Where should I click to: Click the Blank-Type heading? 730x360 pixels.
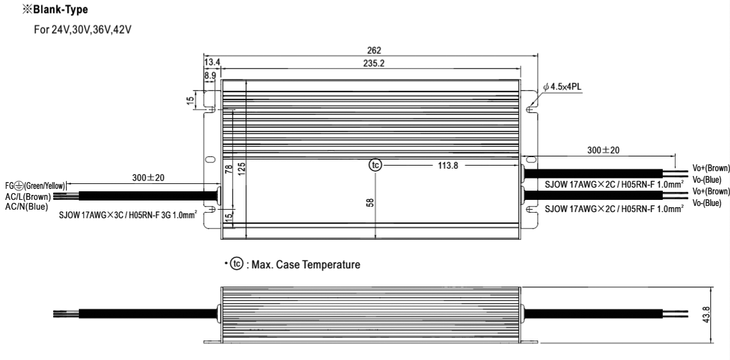pyautogui.click(x=55, y=9)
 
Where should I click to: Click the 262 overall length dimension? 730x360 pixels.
pyautogui.click(x=374, y=50)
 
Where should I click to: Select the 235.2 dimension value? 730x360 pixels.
pyautogui.click(x=374, y=64)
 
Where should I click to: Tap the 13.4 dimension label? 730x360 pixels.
pyautogui.click(x=212, y=62)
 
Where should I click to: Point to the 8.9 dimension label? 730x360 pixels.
pyautogui.click(x=210, y=75)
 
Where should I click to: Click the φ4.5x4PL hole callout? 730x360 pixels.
pyautogui.click(x=562, y=87)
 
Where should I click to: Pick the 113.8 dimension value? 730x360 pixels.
pyautogui.click(x=448, y=165)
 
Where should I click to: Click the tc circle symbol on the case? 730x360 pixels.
pyautogui.click(x=375, y=165)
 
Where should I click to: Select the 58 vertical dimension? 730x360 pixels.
pyautogui.click(x=370, y=202)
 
